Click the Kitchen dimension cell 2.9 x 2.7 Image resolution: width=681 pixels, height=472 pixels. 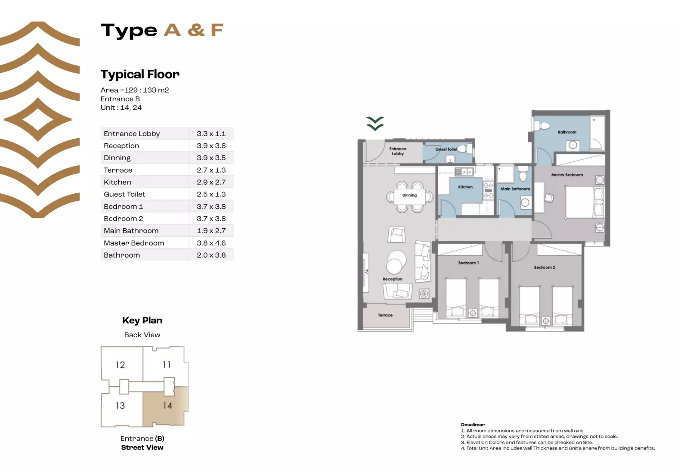tap(211, 182)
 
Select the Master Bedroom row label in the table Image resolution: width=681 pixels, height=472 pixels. tap(134, 243)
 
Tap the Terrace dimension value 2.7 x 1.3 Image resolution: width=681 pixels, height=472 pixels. tap(211, 170)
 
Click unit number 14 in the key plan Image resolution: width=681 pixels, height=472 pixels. tap(167, 406)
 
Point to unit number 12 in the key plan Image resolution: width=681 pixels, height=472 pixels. tap(120, 365)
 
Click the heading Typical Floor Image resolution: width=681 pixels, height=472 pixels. tap(140, 74)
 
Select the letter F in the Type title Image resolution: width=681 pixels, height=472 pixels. tap(217, 30)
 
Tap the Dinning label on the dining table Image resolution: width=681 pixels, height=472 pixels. tap(409, 195)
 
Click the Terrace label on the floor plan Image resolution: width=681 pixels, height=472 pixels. tap(385, 315)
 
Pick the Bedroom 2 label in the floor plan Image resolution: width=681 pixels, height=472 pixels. tap(544, 267)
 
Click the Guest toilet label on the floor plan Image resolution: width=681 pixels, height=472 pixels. tap(446, 149)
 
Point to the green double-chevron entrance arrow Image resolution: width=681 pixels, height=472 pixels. tap(375, 123)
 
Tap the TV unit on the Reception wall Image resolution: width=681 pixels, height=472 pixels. tap(366, 272)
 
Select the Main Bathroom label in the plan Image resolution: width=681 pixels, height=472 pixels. tap(515, 189)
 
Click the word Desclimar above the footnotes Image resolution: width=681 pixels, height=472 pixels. tap(473, 425)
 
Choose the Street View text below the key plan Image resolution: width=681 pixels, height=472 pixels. tap(142, 447)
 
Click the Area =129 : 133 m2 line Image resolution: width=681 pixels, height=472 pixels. tap(135, 90)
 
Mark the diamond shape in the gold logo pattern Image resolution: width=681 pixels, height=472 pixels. tap(38, 119)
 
